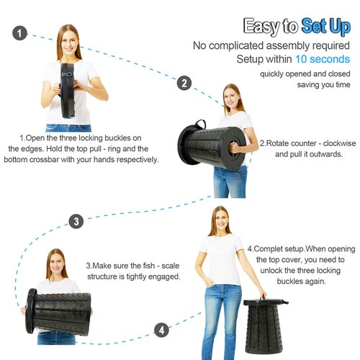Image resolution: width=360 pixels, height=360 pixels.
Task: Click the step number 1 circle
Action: coord(19,33)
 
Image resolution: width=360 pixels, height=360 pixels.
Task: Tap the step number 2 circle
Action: coord(184,83)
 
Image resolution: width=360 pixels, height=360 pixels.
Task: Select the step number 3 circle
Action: coord(76,221)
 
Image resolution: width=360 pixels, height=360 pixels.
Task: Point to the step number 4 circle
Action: coord(161,330)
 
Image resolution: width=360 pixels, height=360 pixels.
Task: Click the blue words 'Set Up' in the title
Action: coord(326,27)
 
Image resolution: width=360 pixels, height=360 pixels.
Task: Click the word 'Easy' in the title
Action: coord(261,27)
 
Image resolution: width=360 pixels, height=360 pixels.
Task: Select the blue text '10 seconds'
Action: coord(323,59)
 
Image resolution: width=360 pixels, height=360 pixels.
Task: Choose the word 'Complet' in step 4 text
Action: coord(269,249)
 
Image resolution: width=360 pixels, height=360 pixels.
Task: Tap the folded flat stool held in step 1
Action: coord(67,91)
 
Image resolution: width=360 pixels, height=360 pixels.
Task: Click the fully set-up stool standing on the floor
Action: coord(264,325)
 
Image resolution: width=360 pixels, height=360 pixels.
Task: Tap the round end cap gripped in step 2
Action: coord(234,149)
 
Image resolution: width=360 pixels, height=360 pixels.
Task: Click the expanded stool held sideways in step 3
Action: coord(58,312)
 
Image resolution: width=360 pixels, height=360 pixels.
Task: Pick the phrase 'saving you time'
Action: coord(323,84)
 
